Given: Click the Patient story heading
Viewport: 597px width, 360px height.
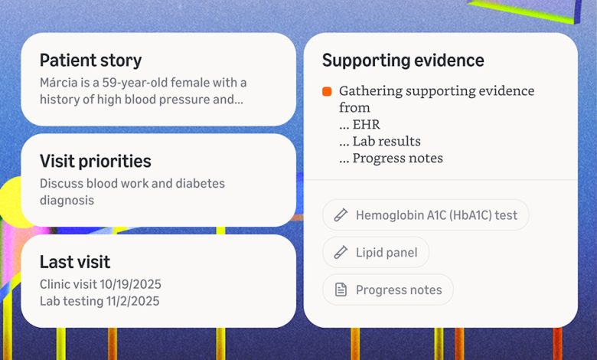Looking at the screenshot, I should pos(90,61).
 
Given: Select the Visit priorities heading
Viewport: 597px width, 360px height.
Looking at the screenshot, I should pos(95,161).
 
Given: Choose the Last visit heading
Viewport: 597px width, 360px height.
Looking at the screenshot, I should pos(75,262).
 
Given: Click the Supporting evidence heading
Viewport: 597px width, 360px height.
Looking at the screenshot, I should pos(403,61).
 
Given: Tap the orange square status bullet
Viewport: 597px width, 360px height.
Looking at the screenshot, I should pos(327,92).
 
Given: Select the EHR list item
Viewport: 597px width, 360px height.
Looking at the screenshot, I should pos(366,124).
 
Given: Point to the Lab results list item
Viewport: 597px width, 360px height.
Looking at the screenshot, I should pos(386,141).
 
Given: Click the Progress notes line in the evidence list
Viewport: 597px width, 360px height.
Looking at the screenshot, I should pos(397,158).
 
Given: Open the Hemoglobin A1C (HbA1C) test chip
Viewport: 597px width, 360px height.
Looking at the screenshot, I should pos(436,214).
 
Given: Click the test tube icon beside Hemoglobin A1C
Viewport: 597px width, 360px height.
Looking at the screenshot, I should pos(341,214).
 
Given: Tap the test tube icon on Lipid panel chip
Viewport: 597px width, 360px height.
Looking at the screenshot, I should pos(341,252).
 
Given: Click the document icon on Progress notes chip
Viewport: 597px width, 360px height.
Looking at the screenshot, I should pos(341,290).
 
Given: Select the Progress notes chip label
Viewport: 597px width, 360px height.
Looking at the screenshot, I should pos(398,290).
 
